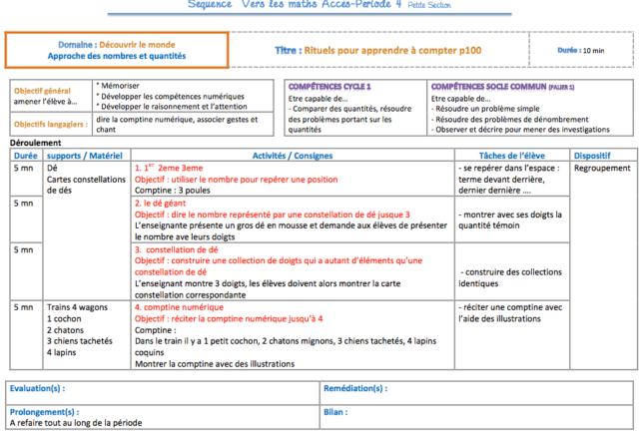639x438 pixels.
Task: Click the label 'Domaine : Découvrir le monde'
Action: [115, 45]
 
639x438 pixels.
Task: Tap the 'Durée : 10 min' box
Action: [581, 49]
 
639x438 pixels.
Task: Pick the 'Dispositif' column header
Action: [593, 156]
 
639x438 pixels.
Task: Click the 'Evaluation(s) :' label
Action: [36, 387]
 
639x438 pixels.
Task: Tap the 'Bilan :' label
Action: [335, 411]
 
